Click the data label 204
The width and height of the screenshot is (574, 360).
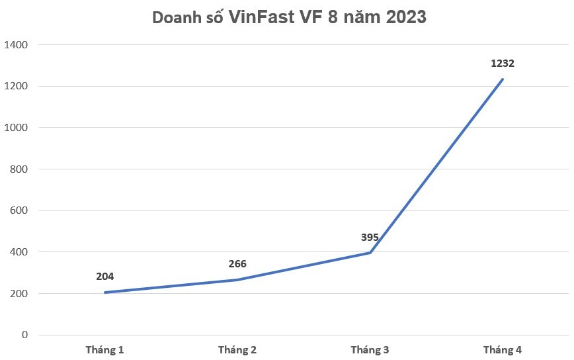(x=104, y=277)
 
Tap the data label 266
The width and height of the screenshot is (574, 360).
(x=237, y=263)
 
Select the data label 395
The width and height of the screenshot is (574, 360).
(x=370, y=238)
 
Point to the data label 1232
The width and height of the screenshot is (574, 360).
(x=503, y=64)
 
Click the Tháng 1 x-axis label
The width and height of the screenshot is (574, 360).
(x=104, y=350)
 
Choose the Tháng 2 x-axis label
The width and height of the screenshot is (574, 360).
(x=237, y=350)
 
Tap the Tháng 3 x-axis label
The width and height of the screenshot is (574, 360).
(x=370, y=350)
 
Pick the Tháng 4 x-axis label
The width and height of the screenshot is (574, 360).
(x=503, y=350)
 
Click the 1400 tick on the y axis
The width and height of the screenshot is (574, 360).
(x=16, y=45)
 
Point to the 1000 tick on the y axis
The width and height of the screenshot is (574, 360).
(x=16, y=128)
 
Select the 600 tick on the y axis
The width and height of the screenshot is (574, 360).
(x=19, y=210)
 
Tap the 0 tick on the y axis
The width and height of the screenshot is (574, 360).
(x=24, y=335)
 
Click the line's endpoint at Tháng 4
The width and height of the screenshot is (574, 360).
(x=503, y=79)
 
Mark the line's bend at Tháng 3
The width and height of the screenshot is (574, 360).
(x=370, y=253)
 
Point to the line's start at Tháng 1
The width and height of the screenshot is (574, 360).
(x=105, y=292)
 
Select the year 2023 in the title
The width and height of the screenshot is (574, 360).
(x=406, y=17)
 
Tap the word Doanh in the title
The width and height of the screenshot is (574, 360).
(x=176, y=17)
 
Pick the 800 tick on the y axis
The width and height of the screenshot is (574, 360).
(x=19, y=169)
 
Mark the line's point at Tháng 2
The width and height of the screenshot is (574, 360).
(x=237, y=280)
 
